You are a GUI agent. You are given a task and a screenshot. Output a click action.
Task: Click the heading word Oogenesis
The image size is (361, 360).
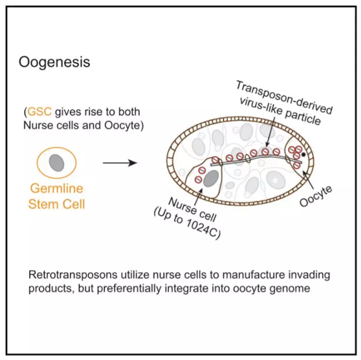[x=54, y=62]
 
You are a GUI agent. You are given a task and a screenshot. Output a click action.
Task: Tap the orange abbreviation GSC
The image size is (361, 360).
[x=39, y=112]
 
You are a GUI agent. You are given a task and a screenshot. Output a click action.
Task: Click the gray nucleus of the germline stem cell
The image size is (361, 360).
[x=57, y=163]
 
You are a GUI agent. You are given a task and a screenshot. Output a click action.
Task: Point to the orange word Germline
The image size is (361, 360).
[x=57, y=189]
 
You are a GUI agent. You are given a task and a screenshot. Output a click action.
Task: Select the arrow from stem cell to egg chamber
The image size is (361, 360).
[x=120, y=163]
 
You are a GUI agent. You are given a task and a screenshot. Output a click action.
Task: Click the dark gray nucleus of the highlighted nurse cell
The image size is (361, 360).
[x=212, y=178]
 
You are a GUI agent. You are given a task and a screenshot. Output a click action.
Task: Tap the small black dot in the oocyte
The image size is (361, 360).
[x=303, y=154]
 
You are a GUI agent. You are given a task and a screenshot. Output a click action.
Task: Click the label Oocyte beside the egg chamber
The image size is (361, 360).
[x=316, y=196]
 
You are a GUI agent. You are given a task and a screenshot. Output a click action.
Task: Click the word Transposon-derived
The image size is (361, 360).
[x=284, y=98]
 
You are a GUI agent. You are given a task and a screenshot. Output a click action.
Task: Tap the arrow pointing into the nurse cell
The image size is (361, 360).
[x=199, y=196]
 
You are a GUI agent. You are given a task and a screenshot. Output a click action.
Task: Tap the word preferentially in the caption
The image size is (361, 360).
[x=129, y=289]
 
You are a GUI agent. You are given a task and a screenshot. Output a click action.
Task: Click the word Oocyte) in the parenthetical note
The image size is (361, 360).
[x=124, y=125]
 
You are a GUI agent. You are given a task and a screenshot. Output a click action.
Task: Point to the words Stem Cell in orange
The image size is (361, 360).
[x=57, y=204]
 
